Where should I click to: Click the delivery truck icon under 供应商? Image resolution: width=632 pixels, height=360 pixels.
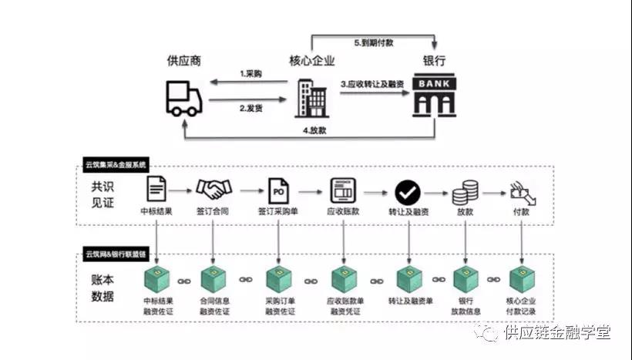pos(183,99)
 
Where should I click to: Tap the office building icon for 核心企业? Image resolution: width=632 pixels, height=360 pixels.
pos(311,98)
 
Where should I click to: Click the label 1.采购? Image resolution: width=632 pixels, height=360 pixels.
pos(251,74)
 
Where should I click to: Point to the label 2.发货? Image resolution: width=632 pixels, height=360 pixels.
pos(251,108)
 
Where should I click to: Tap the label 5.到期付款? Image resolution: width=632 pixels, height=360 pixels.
pos(374,43)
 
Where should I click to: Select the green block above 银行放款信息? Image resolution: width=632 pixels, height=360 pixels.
pos(466,278)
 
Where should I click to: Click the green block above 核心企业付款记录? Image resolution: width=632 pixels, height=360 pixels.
pos(523,278)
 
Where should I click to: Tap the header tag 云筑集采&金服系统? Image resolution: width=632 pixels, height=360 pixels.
pos(116,165)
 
